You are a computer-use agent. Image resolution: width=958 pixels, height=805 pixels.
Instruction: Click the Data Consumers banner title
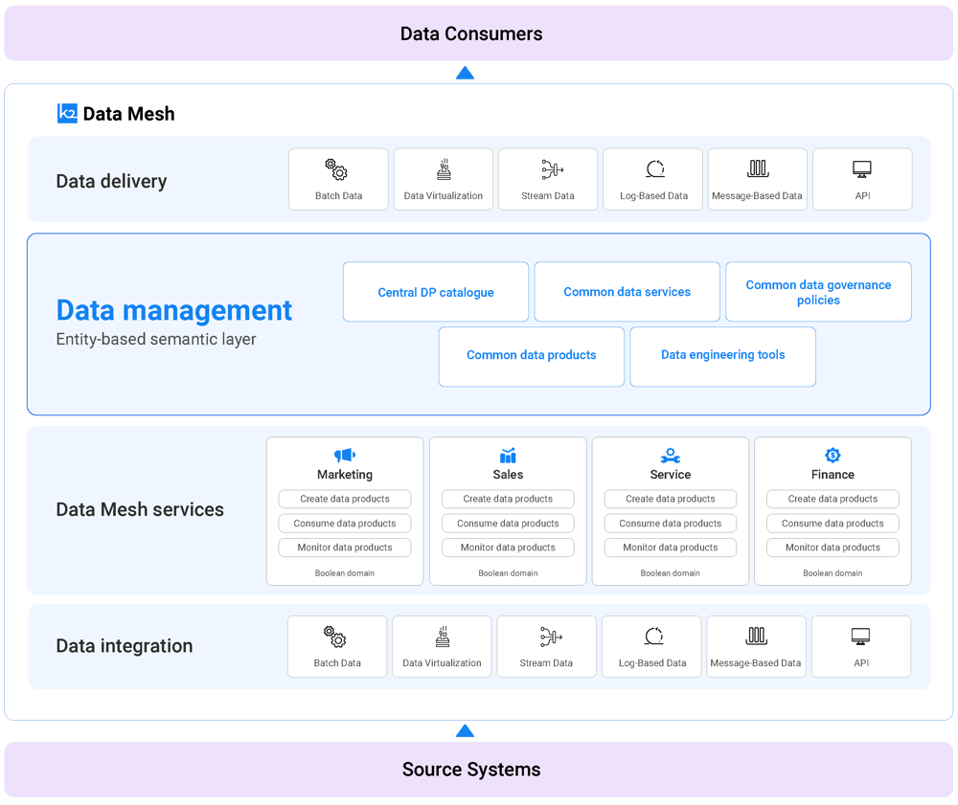tap(471, 34)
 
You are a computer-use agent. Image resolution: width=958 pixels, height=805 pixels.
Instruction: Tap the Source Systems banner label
tap(471, 770)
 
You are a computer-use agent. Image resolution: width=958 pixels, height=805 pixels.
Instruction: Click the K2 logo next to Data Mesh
tap(67, 114)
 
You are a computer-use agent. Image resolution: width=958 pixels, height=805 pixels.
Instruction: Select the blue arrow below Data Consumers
tap(465, 73)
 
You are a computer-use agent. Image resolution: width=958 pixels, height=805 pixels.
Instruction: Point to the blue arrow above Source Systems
tap(465, 732)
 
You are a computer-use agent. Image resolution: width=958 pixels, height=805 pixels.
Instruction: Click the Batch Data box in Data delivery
tap(339, 179)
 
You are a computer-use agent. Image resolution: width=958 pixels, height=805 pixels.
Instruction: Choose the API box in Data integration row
tap(860, 646)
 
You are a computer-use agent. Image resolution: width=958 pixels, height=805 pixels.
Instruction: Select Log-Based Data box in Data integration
tap(652, 646)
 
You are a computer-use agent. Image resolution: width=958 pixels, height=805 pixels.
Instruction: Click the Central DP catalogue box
tap(436, 292)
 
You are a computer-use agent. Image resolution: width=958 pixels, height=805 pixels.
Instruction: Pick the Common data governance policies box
tap(818, 292)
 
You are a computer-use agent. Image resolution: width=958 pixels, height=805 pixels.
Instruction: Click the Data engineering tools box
tap(722, 356)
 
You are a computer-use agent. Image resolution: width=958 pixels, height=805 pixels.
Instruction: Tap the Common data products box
tap(532, 356)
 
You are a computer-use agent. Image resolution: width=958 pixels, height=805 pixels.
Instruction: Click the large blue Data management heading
tap(174, 310)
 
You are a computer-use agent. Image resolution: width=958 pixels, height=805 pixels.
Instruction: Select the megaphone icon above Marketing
tap(345, 456)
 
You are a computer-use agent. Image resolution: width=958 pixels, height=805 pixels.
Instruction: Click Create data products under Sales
tap(508, 499)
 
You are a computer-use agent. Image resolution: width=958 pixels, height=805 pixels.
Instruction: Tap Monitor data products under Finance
tap(833, 548)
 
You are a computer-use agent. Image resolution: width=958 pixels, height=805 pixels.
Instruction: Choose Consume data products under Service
tap(671, 524)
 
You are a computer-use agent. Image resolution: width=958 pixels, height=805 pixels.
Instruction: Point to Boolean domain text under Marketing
tap(345, 573)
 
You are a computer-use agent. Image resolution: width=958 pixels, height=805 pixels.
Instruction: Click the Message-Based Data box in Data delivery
tap(757, 179)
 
